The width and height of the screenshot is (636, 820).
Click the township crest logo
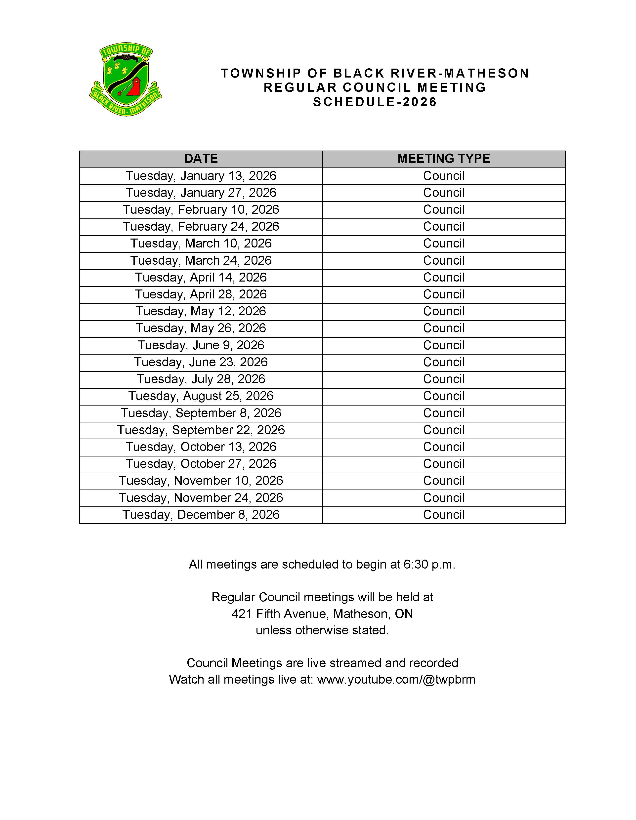[126, 79]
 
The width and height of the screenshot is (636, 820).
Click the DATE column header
[201, 159]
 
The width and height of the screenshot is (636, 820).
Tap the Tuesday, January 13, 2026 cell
[201, 176]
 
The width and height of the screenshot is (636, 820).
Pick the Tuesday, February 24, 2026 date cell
[201, 226]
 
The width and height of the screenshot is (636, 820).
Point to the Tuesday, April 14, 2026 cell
[201, 278]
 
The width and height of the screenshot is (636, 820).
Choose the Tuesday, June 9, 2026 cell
[201, 345]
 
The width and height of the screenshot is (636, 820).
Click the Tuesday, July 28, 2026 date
[201, 379]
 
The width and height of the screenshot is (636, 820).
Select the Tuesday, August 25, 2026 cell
[201, 396]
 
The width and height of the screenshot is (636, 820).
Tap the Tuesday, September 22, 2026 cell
[201, 430]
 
